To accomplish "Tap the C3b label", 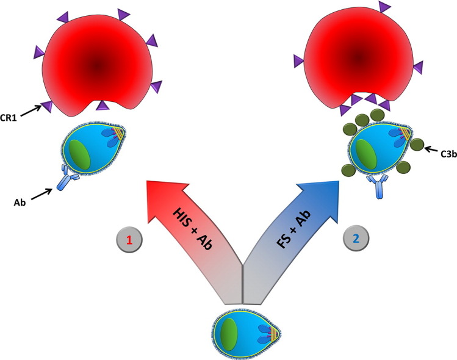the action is pyautogui.click(x=444, y=149).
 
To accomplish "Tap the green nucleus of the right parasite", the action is pyautogui.click(x=366, y=153).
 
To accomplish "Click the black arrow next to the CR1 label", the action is pyautogui.click(x=32, y=109).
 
